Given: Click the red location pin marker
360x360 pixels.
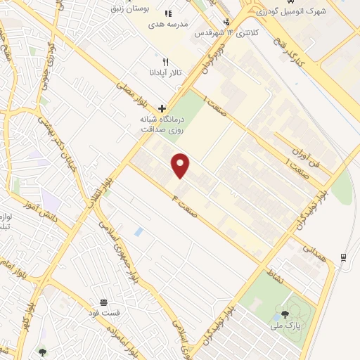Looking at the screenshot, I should pos(181,165).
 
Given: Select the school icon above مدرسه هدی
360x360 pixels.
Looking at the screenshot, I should pos(168,13).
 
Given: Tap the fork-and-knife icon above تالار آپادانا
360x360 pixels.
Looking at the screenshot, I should pos(165,62).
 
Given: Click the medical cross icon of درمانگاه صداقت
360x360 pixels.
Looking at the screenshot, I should pos(162,108).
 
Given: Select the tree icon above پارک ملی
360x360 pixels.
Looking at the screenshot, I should pos(285,314).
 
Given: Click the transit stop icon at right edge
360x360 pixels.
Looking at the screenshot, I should pos(344,257).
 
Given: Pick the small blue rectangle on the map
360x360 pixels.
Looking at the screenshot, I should pos(139,231).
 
